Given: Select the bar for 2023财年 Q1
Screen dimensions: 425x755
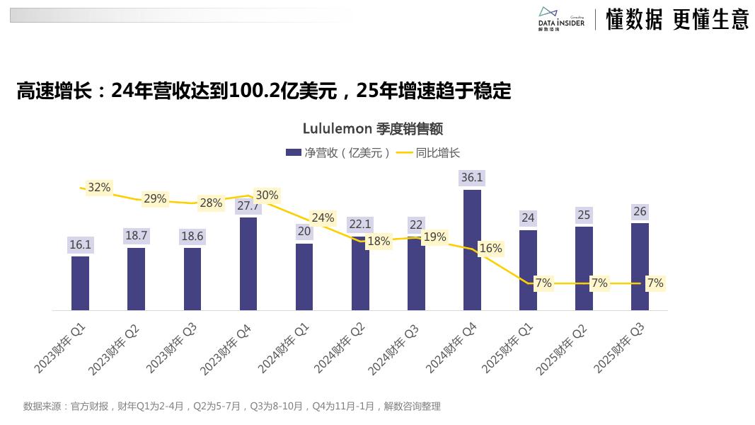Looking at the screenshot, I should pyautogui.click(x=80, y=283).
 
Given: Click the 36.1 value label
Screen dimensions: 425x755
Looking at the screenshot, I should pyautogui.click(x=472, y=178).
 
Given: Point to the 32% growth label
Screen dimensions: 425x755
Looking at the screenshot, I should pyautogui.click(x=99, y=187).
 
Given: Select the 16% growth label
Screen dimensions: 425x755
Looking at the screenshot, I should pyautogui.click(x=490, y=248).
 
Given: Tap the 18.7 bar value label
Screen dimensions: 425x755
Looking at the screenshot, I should pyautogui.click(x=136, y=235).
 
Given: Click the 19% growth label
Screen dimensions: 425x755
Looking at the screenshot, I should pyautogui.click(x=434, y=237).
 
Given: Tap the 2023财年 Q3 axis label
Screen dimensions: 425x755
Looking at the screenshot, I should pyautogui.click(x=172, y=347).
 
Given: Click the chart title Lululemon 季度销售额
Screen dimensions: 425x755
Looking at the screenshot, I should pyautogui.click(x=373, y=128).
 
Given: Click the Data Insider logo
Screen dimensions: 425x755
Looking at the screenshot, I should pyautogui.click(x=560, y=20).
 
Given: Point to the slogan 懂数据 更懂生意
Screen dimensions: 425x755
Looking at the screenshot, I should pyautogui.click(x=677, y=20).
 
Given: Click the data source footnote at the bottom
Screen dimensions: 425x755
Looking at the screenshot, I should pyautogui.click(x=232, y=406).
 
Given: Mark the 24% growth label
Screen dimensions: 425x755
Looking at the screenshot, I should pyautogui.click(x=323, y=217).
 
